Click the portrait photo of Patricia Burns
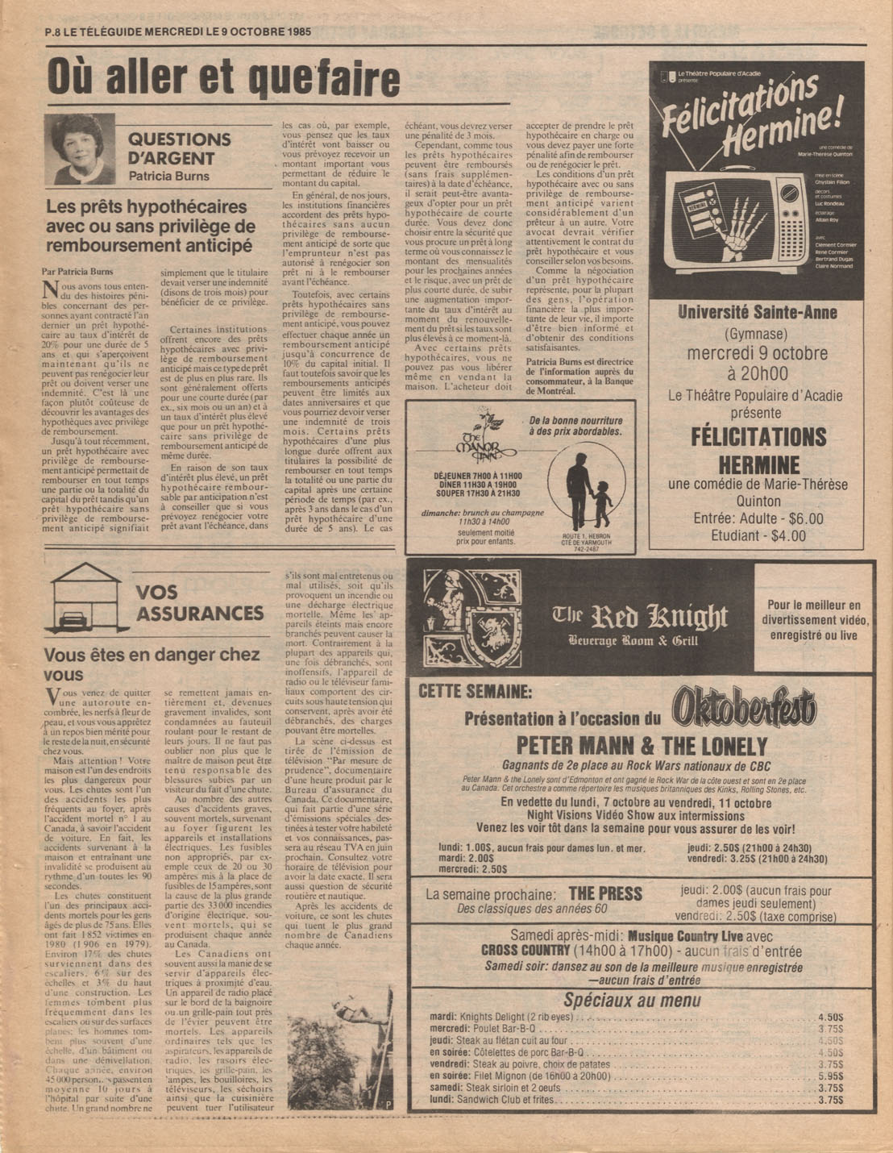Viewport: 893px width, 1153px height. click(78, 149)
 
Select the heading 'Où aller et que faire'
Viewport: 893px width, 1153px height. click(223, 78)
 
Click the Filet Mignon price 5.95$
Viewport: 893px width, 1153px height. click(830, 1076)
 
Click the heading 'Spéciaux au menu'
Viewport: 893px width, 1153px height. click(632, 1001)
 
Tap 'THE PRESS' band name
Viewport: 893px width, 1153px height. click(605, 893)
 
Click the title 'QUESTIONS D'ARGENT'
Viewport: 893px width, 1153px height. click(179, 148)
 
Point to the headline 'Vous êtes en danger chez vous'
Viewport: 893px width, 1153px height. click(152, 664)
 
